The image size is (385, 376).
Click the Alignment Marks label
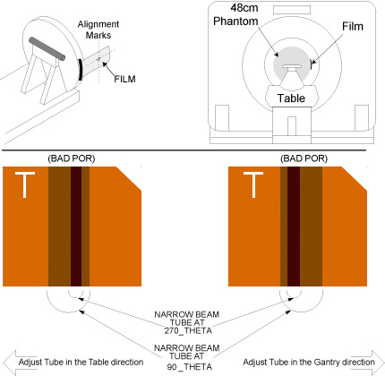(98, 30)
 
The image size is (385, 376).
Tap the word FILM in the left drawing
(124, 79)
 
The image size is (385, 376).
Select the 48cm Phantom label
(235, 14)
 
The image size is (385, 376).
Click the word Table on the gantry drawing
(291, 98)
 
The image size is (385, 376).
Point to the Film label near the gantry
(353, 26)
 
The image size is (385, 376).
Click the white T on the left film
(25, 184)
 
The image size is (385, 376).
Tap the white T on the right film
(253, 184)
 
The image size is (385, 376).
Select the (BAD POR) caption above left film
(72, 158)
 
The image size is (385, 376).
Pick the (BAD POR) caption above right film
(304, 158)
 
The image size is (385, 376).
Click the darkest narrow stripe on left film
(76, 226)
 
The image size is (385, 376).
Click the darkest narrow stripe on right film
(294, 226)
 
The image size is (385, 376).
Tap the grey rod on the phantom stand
(47, 48)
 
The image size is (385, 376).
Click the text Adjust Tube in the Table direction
(81, 363)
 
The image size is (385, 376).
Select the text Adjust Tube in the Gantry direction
(309, 363)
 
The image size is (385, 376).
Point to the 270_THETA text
(188, 330)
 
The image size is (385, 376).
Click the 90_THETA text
(190, 366)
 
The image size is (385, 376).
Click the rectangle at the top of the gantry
(292, 10)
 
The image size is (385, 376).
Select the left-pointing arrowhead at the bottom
(9, 363)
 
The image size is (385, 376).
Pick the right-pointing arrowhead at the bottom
(378, 363)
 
